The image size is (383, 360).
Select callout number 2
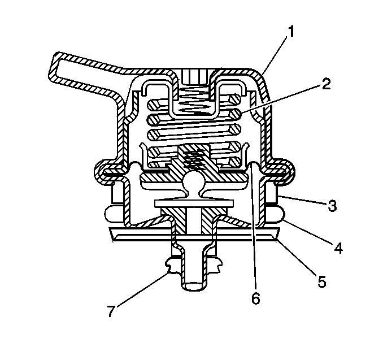point(326,84)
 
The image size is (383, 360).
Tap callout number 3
point(332,206)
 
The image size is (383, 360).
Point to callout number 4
point(338,248)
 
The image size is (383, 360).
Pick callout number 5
point(321,281)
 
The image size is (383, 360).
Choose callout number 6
point(256,298)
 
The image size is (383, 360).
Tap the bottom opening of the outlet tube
point(194,286)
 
